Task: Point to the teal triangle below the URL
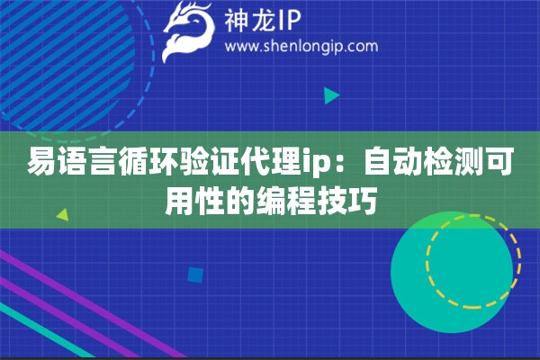click(x=331, y=94)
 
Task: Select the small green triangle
click(x=62, y=215)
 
